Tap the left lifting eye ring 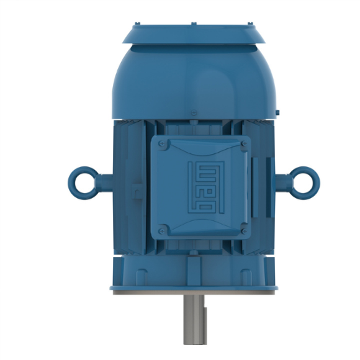click(x=81, y=178)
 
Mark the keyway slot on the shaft click(x=204, y=317)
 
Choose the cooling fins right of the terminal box click(x=259, y=187)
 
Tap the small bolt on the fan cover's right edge click(x=277, y=112)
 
